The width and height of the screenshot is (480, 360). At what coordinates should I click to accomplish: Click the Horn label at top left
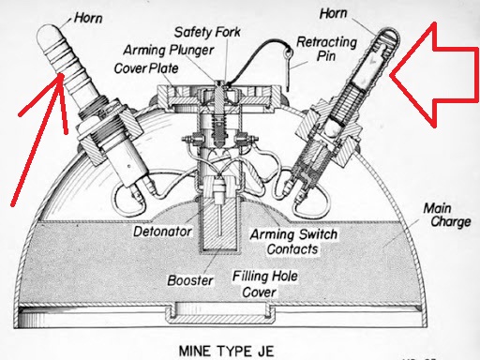[x=88, y=18]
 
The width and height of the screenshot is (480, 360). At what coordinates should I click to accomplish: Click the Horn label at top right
[x=333, y=14]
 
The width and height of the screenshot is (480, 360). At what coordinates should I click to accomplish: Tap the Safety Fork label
[x=207, y=32]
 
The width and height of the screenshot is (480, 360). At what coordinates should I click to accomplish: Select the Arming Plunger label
[x=169, y=50]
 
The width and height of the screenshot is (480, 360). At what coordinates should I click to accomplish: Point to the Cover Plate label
[x=146, y=68]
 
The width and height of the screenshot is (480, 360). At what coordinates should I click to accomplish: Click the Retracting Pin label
[x=326, y=49]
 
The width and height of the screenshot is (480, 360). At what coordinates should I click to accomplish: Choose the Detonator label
[x=162, y=232]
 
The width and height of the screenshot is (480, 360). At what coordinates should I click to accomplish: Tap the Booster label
[x=190, y=280]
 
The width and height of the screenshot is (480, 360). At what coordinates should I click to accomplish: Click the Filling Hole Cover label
[x=265, y=284]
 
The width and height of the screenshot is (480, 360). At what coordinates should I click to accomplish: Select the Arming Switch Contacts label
[x=293, y=242]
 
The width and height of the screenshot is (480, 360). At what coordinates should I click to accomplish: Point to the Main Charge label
[x=447, y=215]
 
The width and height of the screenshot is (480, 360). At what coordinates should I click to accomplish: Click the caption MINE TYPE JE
[x=227, y=351]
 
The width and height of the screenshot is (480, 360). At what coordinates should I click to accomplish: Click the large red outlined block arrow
[x=434, y=75]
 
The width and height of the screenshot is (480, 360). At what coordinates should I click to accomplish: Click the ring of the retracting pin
[x=289, y=52]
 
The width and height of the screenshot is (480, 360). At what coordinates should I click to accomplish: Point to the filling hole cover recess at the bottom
[x=220, y=313]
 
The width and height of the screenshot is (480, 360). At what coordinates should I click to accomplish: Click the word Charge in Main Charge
[x=451, y=222]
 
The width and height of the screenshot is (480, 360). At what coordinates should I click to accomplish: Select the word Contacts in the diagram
[x=292, y=249]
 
